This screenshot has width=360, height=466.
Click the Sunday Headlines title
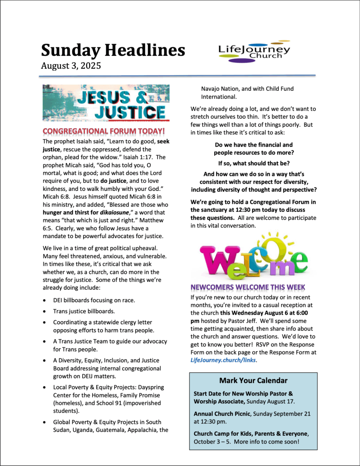[113, 50]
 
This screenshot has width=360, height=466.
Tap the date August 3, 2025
[70, 66]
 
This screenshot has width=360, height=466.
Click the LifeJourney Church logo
[254, 52]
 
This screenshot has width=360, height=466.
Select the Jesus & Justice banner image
[106, 102]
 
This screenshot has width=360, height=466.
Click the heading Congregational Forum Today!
[104, 131]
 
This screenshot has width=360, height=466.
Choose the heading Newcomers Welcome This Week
[248, 287]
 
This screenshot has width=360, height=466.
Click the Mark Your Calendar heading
[253, 381]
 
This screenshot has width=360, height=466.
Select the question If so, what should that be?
[254, 163]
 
